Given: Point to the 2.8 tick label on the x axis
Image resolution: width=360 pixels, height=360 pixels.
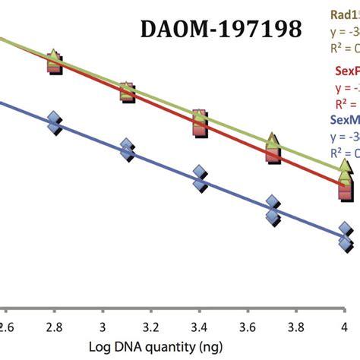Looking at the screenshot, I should tap(53, 326).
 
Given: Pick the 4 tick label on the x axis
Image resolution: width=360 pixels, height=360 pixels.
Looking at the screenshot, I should tap(345, 326).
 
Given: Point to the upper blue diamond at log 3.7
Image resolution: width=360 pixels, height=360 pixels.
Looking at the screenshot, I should tap(273, 203).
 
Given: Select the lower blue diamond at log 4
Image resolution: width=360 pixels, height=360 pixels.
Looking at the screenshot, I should tap(346, 242).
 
